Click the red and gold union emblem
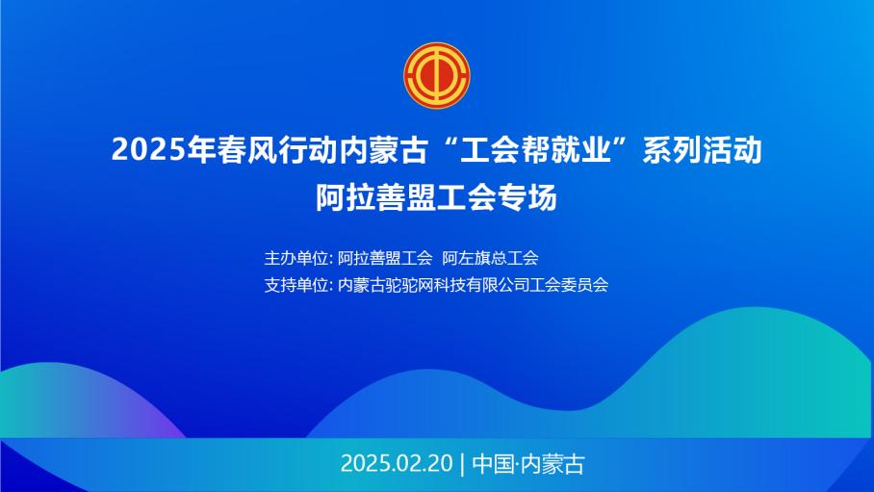coord(437,75)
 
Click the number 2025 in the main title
coord(148,150)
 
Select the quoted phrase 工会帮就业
coord(535,150)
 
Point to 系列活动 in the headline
coord(703,150)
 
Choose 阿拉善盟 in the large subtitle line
coord(375,197)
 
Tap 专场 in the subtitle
coord(527,197)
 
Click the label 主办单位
coord(296,258)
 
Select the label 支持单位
coord(296,285)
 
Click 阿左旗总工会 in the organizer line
coord(491,258)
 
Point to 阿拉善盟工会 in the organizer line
coord(385,258)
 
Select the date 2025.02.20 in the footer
coord(397,464)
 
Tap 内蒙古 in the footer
coord(553,464)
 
